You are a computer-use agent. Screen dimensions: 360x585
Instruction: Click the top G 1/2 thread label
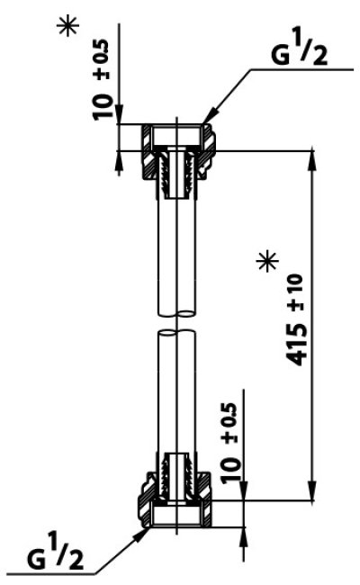[x=299, y=46]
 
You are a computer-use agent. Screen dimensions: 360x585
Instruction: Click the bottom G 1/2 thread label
[x=55, y=556]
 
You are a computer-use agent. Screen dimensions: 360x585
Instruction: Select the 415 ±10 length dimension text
[x=296, y=320]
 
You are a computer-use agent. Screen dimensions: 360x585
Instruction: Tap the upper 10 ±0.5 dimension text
[x=102, y=78]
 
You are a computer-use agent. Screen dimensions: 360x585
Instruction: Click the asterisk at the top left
[x=67, y=25]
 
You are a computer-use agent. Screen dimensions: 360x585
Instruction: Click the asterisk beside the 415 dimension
[x=267, y=261]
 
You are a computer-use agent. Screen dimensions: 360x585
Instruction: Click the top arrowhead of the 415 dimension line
[x=311, y=160]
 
